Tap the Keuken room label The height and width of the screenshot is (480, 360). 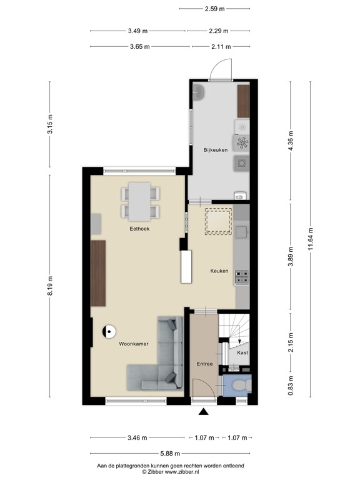pyautogui.click(x=219, y=271)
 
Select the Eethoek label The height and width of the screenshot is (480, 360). pyautogui.click(x=139, y=229)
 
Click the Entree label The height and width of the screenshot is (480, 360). pyautogui.click(x=204, y=364)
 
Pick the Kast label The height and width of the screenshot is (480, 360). pyautogui.click(x=242, y=353)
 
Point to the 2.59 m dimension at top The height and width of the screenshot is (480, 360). pyautogui.click(x=214, y=9)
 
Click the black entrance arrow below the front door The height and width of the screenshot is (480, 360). pyautogui.click(x=202, y=412)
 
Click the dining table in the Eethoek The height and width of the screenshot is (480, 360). pyautogui.click(x=139, y=201)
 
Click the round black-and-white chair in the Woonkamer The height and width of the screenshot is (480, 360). pyautogui.click(x=109, y=332)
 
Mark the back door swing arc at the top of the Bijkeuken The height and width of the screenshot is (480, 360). pyautogui.click(x=219, y=70)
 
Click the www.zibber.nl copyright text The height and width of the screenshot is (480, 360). pyautogui.click(x=170, y=472)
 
